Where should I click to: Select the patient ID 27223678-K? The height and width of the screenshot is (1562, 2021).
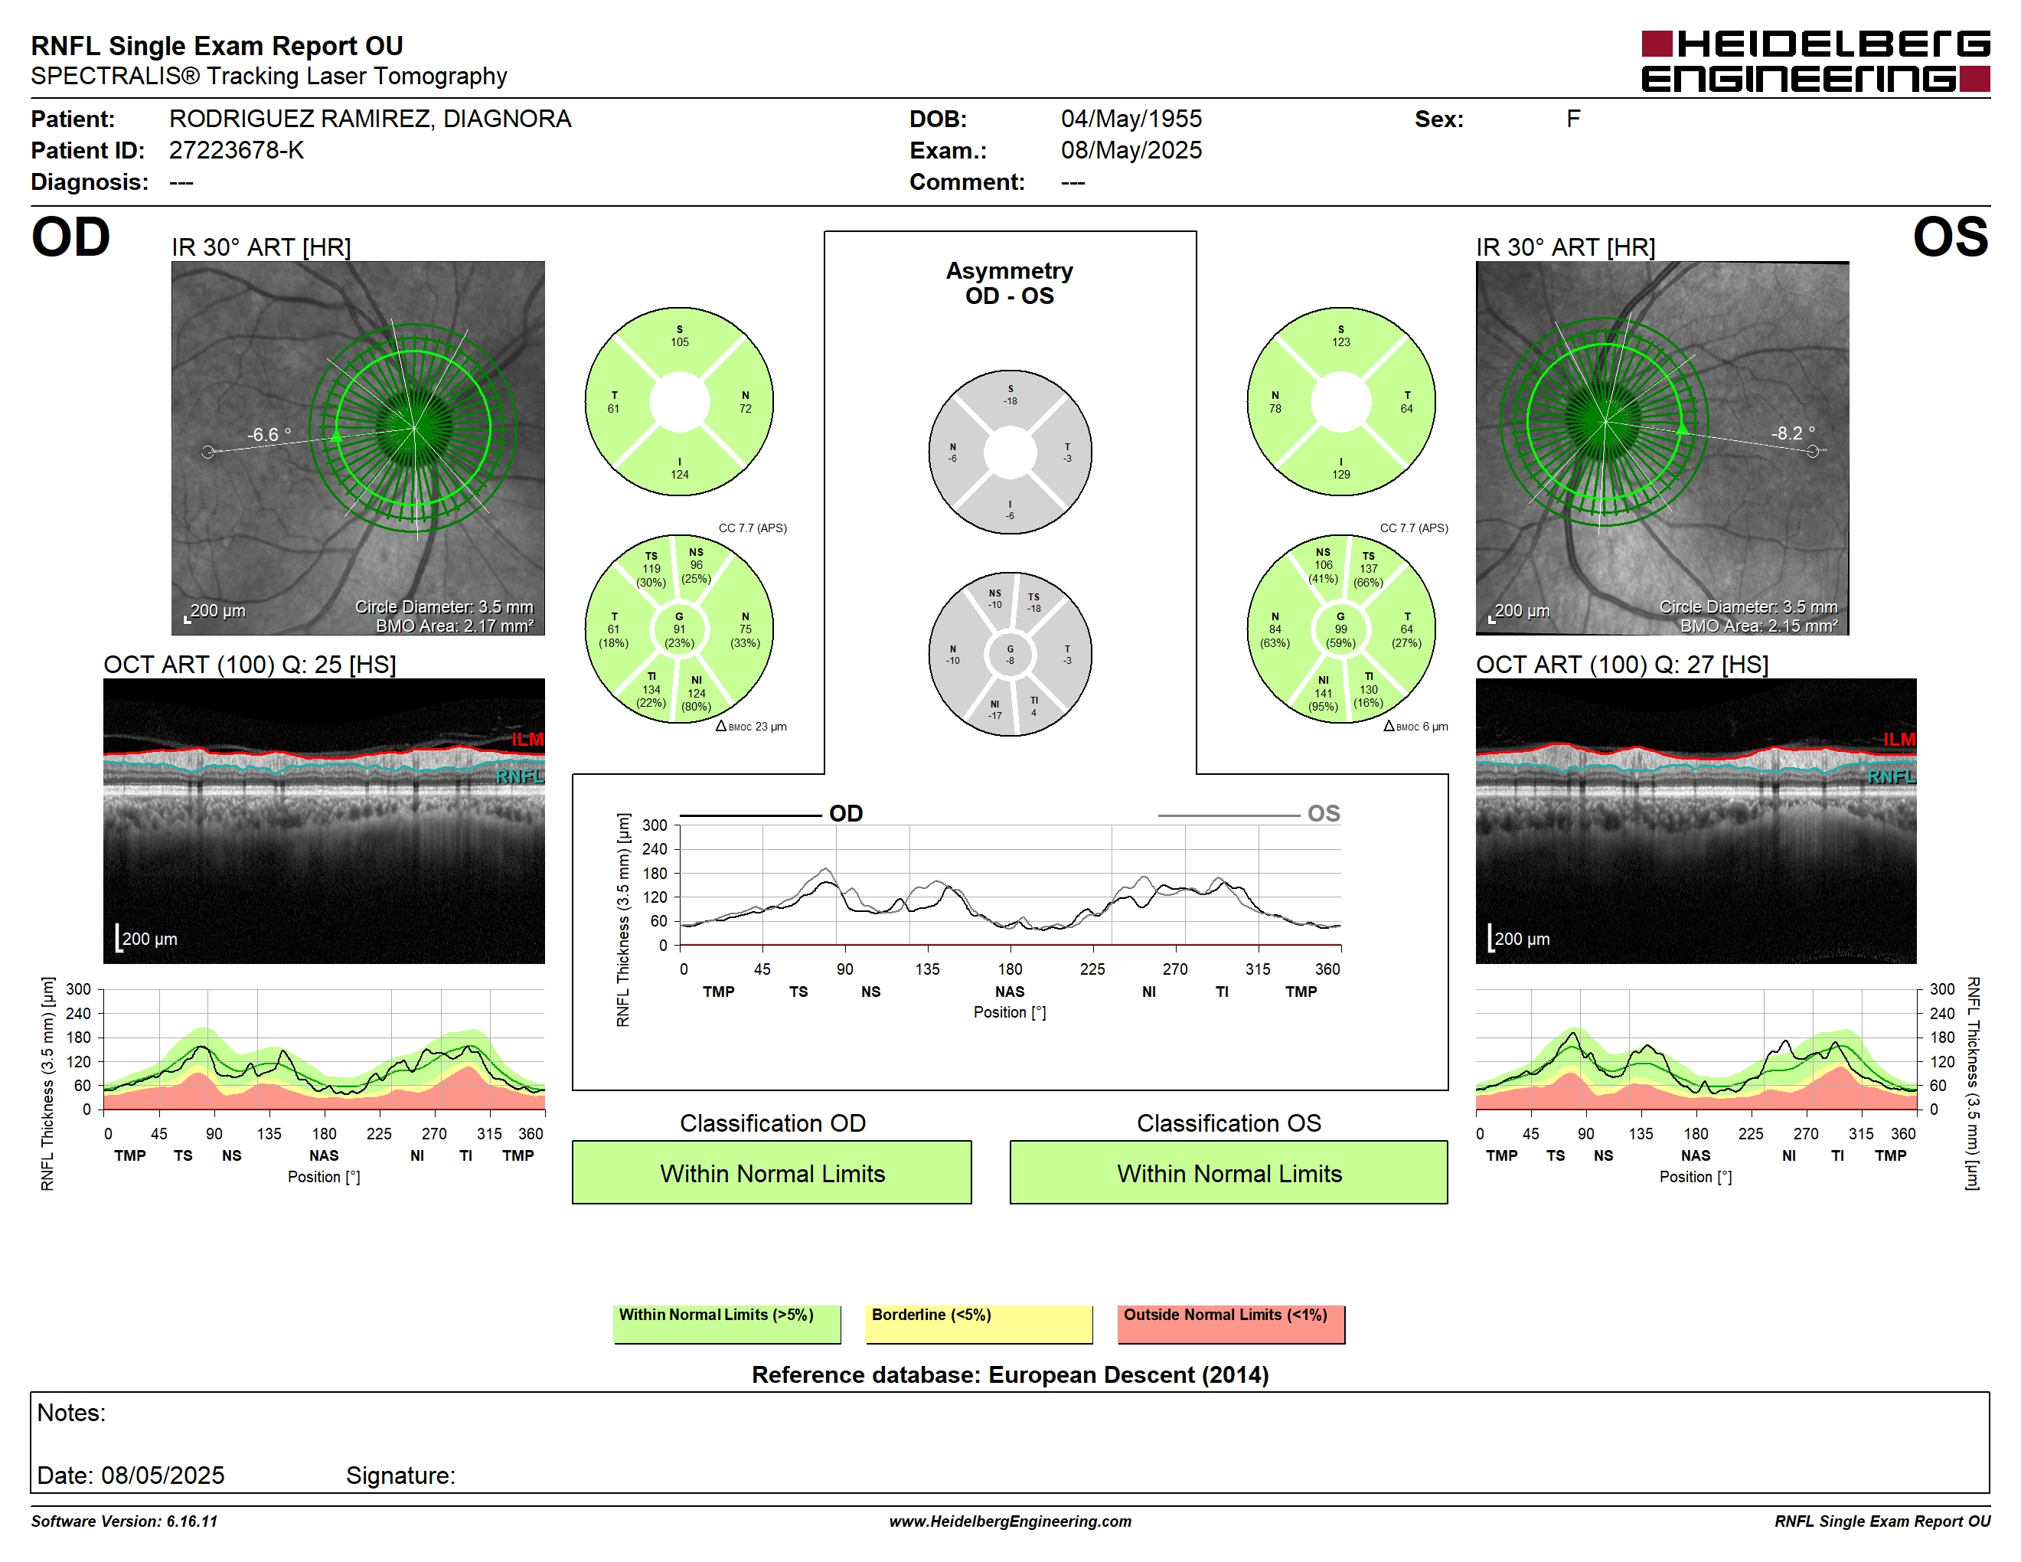[236, 151]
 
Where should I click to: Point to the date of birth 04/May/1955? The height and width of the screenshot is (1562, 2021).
[1131, 119]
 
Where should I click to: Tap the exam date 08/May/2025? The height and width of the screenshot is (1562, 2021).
[1131, 151]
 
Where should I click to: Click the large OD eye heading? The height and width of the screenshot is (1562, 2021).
[70, 238]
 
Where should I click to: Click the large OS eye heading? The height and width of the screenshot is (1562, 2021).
[1951, 238]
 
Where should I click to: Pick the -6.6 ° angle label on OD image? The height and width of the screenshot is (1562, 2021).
[269, 434]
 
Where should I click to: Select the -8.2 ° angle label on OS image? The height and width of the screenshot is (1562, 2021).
[1792, 433]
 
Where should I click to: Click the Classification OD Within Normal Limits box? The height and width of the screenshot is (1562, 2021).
[772, 1172]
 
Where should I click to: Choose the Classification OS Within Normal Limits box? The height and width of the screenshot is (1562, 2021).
[1228, 1172]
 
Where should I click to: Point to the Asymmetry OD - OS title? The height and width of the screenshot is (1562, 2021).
[1010, 283]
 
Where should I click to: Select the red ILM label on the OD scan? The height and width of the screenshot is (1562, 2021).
[527, 740]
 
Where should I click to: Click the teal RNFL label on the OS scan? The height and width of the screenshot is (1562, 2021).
[1892, 776]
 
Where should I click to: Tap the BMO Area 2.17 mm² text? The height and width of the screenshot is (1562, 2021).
[455, 626]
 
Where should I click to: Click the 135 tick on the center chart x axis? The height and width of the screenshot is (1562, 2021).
[927, 969]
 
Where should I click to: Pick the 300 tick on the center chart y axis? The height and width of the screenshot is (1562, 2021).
[655, 825]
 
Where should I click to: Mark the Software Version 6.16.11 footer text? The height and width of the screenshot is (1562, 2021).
[124, 1521]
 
